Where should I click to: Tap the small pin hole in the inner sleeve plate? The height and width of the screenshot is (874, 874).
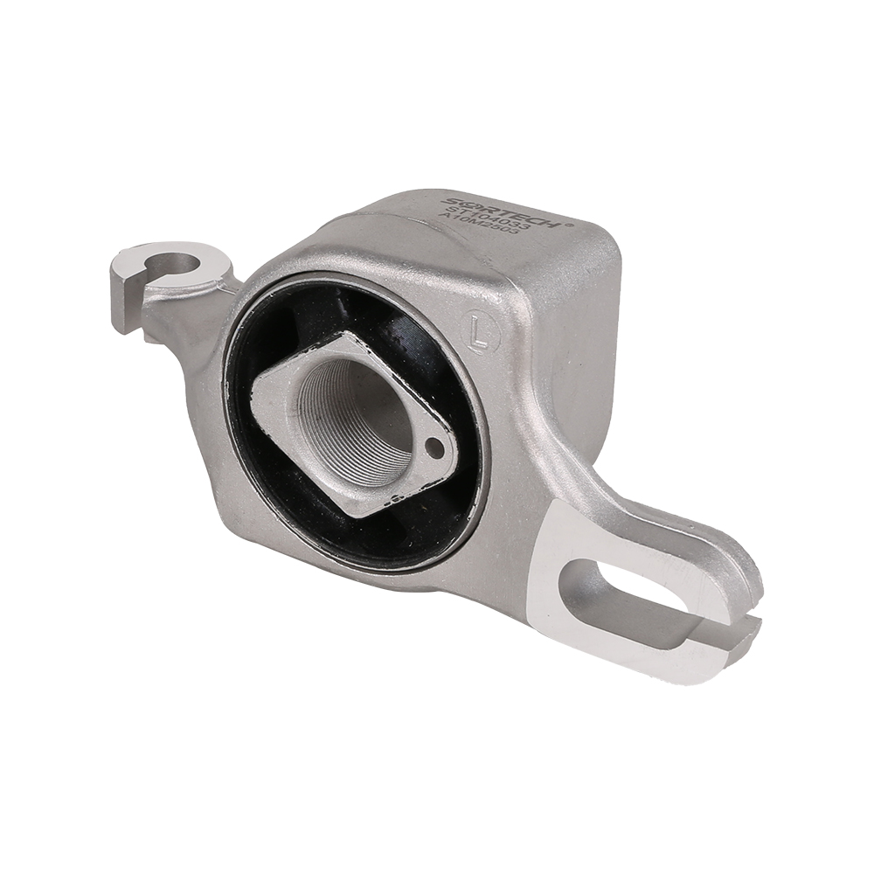click(x=434, y=447)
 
